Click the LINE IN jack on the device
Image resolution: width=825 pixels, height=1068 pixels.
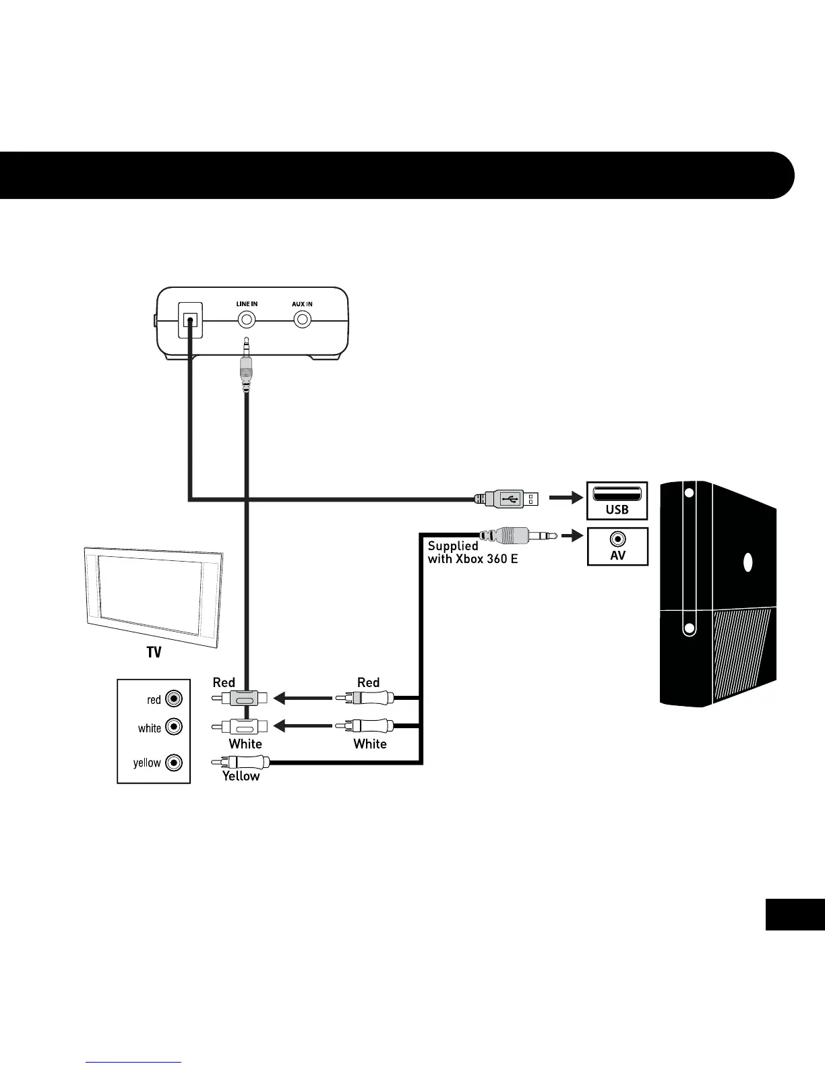[246, 320]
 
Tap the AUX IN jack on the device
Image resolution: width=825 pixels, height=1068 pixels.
[302, 320]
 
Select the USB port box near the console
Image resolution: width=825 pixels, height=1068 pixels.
[617, 500]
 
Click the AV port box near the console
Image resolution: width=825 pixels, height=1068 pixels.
[617, 545]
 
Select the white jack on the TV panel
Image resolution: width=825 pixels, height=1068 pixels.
[174, 727]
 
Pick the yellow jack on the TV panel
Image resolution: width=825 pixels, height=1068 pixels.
[174, 763]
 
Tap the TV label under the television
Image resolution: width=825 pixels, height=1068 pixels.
[154, 653]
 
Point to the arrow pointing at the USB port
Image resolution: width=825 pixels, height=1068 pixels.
[565, 498]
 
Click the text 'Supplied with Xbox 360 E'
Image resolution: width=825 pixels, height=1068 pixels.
[472, 552]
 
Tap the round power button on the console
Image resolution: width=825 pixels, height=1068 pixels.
[747, 562]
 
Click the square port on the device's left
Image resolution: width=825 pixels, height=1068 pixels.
[190, 320]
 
